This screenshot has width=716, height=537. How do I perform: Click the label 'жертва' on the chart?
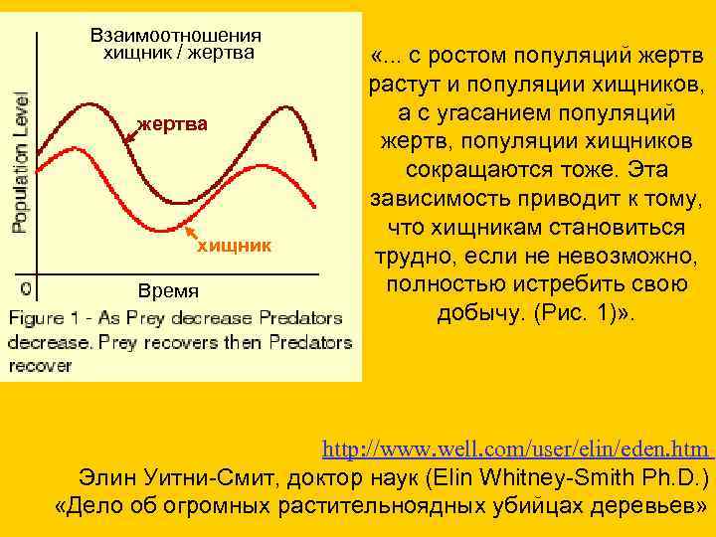pyautogui.click(x=173, y=123)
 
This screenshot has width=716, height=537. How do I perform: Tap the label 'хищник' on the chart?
pyautogui.click(x=231, y=244)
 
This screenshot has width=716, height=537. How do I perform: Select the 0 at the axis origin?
pyautogui.click(x=24, y=288)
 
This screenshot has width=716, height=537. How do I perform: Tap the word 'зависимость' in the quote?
pyautogui.click(x=429, y=199)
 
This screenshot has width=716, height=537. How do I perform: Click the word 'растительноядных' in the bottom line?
pyautogui.click(x=383, y=505)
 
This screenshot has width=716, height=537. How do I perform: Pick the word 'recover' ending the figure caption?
pyautogui.click(x=42, y=365)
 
